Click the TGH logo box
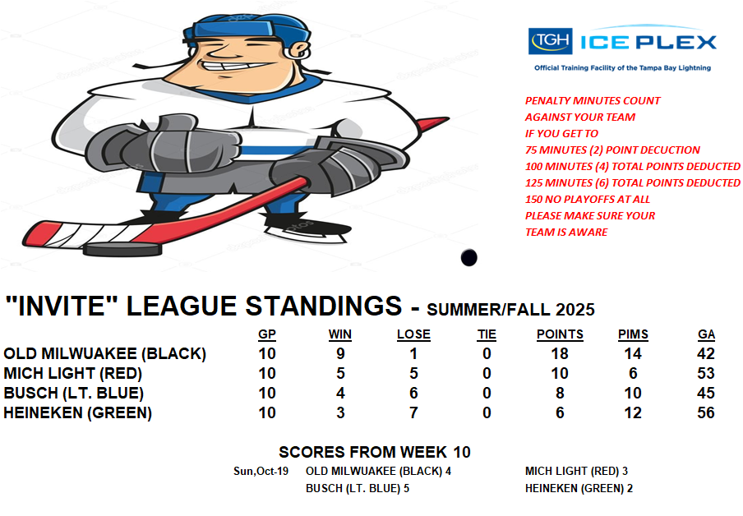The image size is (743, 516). click(550, 41)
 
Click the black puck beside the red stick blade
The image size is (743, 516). click(122, 249)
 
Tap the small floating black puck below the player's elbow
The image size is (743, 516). click(468, 257)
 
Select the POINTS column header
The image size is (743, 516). click(560, 334)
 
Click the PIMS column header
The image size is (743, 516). click(633, 334)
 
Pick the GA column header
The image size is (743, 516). click(706, 334)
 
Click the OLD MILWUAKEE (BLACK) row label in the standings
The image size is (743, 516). click(104, 354)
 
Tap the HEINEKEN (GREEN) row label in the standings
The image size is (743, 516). click(78, 412)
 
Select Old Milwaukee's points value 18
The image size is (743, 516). click(560, 354)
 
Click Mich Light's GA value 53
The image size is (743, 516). click(706, 373)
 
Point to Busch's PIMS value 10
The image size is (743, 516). click(633, 394)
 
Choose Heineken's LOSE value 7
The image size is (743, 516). click(413, 412)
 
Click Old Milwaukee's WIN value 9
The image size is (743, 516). click(340, 354)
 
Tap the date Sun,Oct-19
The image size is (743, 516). click(261, 472)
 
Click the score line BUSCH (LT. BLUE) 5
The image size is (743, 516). click(358, 489)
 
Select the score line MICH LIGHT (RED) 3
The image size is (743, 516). click(576, 472)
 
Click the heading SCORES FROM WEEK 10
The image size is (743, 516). click(375, 452)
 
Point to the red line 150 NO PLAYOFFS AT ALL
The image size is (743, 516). click(588, 200)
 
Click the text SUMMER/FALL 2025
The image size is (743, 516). click(511, 310)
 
